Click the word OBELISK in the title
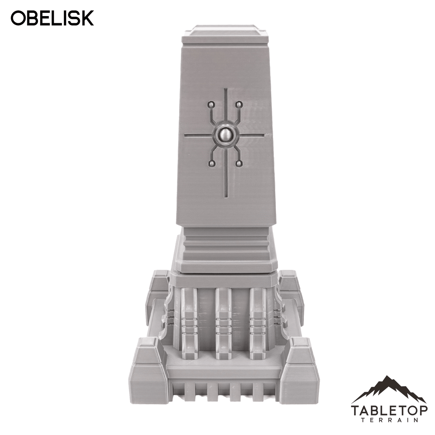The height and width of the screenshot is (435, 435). pos(52,18)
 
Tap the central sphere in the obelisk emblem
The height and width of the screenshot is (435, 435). pos(225,135)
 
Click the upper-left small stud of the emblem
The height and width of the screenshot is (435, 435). pos(211,105)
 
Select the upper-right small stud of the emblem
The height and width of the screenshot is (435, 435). pos(238,105)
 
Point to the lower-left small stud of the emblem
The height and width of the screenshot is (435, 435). pos(212,164)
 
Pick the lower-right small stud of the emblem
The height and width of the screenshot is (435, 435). pos(238,164)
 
